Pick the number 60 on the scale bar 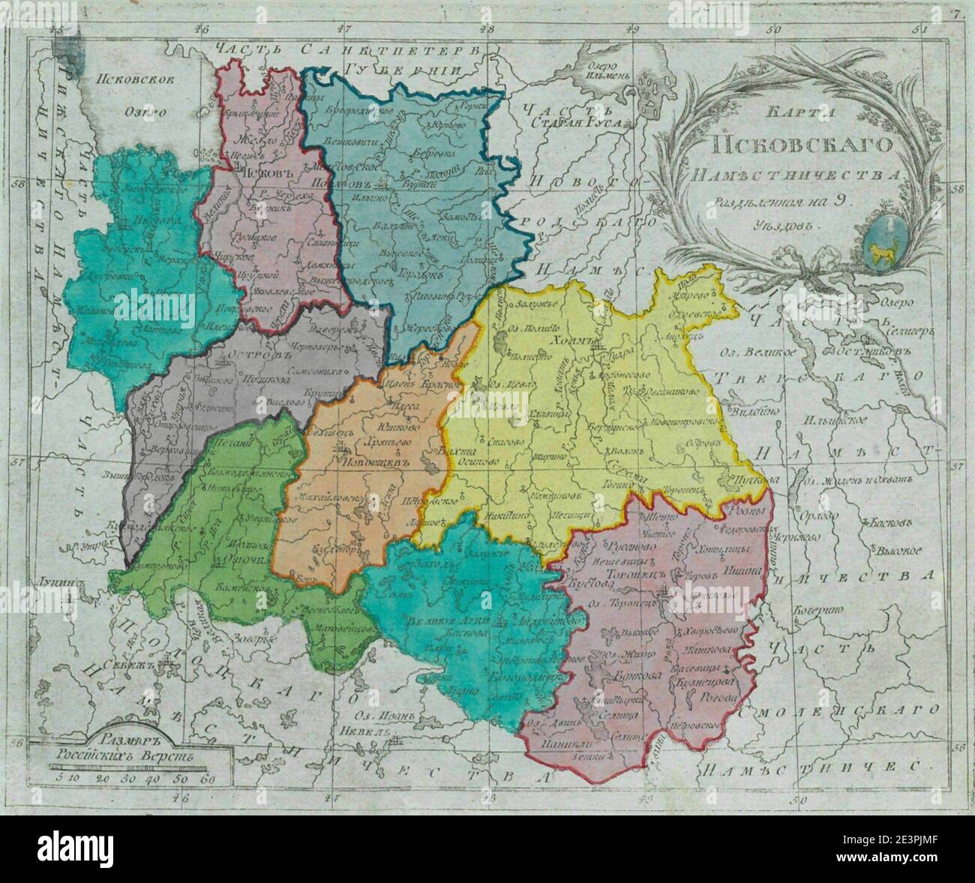(x=209, y=779)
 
